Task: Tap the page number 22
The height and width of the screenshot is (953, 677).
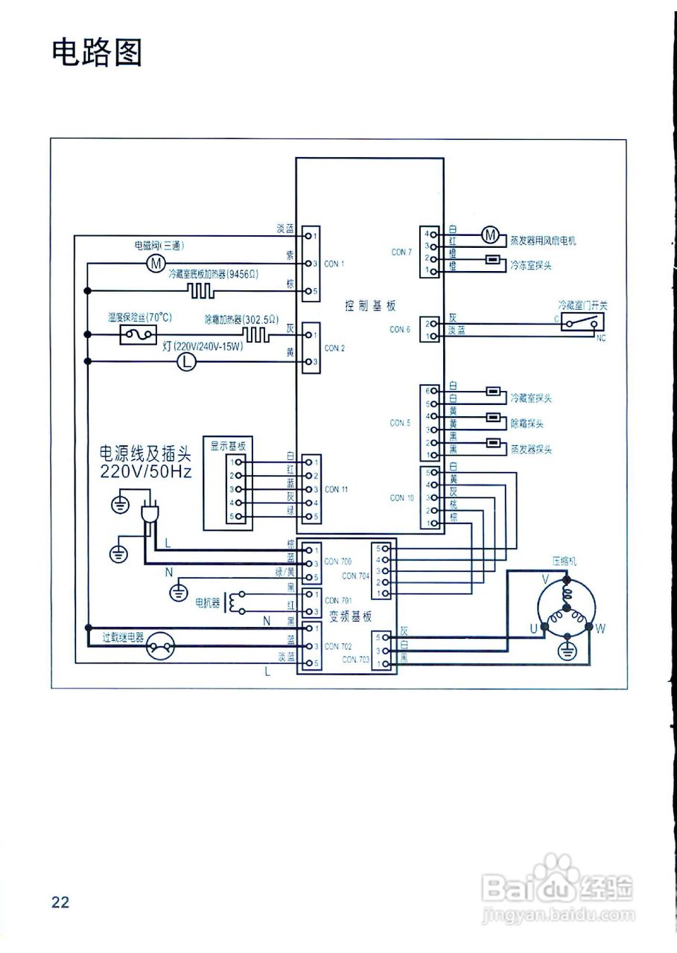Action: click(x=60, y=902)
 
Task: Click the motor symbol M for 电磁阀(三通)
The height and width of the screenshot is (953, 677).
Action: click(x=155, y=263)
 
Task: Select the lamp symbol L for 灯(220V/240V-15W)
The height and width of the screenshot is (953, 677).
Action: click(x=187, y=362)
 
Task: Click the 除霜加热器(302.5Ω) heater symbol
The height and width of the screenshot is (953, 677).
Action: click(x=257, y=334)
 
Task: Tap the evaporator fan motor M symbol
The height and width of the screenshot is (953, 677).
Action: click(x=490, y=235)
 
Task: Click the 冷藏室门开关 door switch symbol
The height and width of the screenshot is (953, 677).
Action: click(x=582, y=322)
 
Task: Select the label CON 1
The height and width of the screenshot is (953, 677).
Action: click(x=334, y=264)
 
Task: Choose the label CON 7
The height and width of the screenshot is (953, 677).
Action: click(x=401, y=252)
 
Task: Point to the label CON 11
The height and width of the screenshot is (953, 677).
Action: click(x=336, y=489)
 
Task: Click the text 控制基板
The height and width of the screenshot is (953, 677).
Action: click(x=370, y=305)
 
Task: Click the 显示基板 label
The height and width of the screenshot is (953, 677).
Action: click(x=227, y=446)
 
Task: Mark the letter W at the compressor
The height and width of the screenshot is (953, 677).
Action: click(x=600, y=628)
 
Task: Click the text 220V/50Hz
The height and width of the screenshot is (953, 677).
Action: click(x=142, y=471)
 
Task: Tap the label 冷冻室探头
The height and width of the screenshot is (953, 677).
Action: click(x=530, y=264)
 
